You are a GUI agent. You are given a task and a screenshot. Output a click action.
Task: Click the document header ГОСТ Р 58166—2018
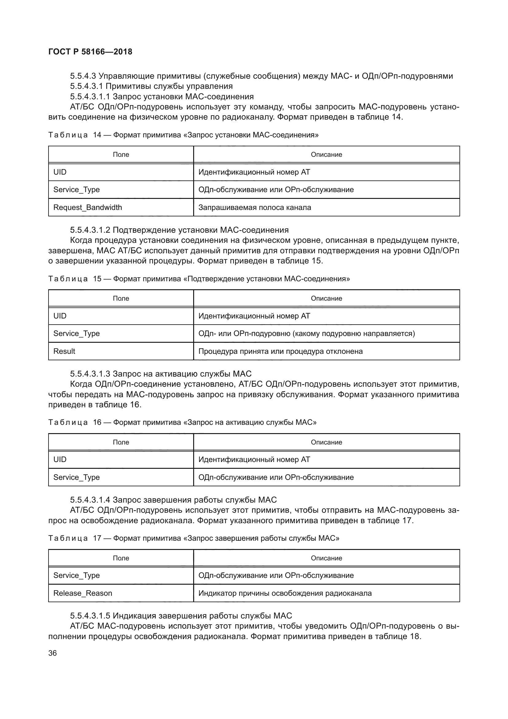pyautogui.click(x=90, y=52)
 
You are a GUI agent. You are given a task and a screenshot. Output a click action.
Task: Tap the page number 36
pyautogui.click(x=53, y=653)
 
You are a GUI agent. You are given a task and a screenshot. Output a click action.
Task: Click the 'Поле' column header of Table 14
pyautogui.click(x=121, y=154)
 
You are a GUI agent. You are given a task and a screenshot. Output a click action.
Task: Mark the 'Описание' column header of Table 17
pyautogui.click(x=326, y=558)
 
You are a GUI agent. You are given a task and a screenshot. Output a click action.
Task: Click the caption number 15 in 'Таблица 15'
pyautogui.click(x=97, y=279)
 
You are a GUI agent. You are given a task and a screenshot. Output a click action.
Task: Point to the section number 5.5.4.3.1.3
pyautogui.click(x=90, y=373)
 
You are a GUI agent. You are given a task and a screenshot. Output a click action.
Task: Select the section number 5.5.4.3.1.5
pyautogui.click(x=90, y=616)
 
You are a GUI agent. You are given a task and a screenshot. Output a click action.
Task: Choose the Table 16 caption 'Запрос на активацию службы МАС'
pyautogui.click(x=250, y=422)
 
